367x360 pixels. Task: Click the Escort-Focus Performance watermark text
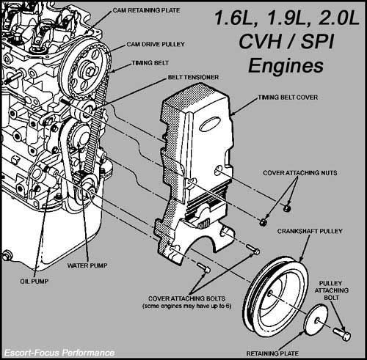(x=59, y=353)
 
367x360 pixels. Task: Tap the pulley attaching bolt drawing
(x=342, y=335)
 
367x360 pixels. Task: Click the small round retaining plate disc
(x=316, y=322)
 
